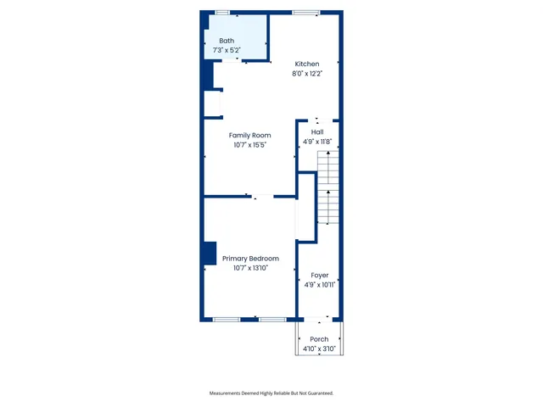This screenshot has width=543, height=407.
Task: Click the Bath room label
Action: pyautogui.click(x=227, y=41)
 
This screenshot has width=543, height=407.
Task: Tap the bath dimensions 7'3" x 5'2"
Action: pyautogui.click(x=227, y=51)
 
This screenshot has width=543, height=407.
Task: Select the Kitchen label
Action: pyautogui.click(x=307, y=64)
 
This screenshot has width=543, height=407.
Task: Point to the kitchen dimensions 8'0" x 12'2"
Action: pyautogui.click(x=307, y=75)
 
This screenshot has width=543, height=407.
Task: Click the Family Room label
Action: pyautogui.click(x=249, y=135)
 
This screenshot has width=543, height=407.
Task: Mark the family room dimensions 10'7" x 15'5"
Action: pyautogui.click(x=249, y=145)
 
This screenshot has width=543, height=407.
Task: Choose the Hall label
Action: pyautogui.click(x=317, y=131)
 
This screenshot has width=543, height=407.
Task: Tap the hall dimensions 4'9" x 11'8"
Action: pyautogui.click(x=317, y=142)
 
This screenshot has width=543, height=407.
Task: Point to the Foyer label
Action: pyautogui.click(x=319, y=275)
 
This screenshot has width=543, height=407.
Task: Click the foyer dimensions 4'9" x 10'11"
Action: pyautogui.click(x=319, y=286)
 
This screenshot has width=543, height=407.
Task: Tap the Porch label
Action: pyautogui.click(x=319, y=339)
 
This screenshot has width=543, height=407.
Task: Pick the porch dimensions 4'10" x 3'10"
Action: pyautogui.click(x=319, y=349)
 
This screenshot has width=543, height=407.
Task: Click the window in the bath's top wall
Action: pyautogui.click(x=222, y=12)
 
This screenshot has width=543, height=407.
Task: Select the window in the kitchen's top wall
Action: pyautogui.click(x=306, y=12)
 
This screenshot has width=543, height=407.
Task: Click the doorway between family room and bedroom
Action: pyautogui.click(x=263, y=197)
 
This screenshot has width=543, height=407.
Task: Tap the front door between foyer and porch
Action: pyautogui.click(x=319, y=320)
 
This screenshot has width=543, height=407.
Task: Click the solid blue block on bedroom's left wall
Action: pyautogui.click(x=209, y=254)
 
